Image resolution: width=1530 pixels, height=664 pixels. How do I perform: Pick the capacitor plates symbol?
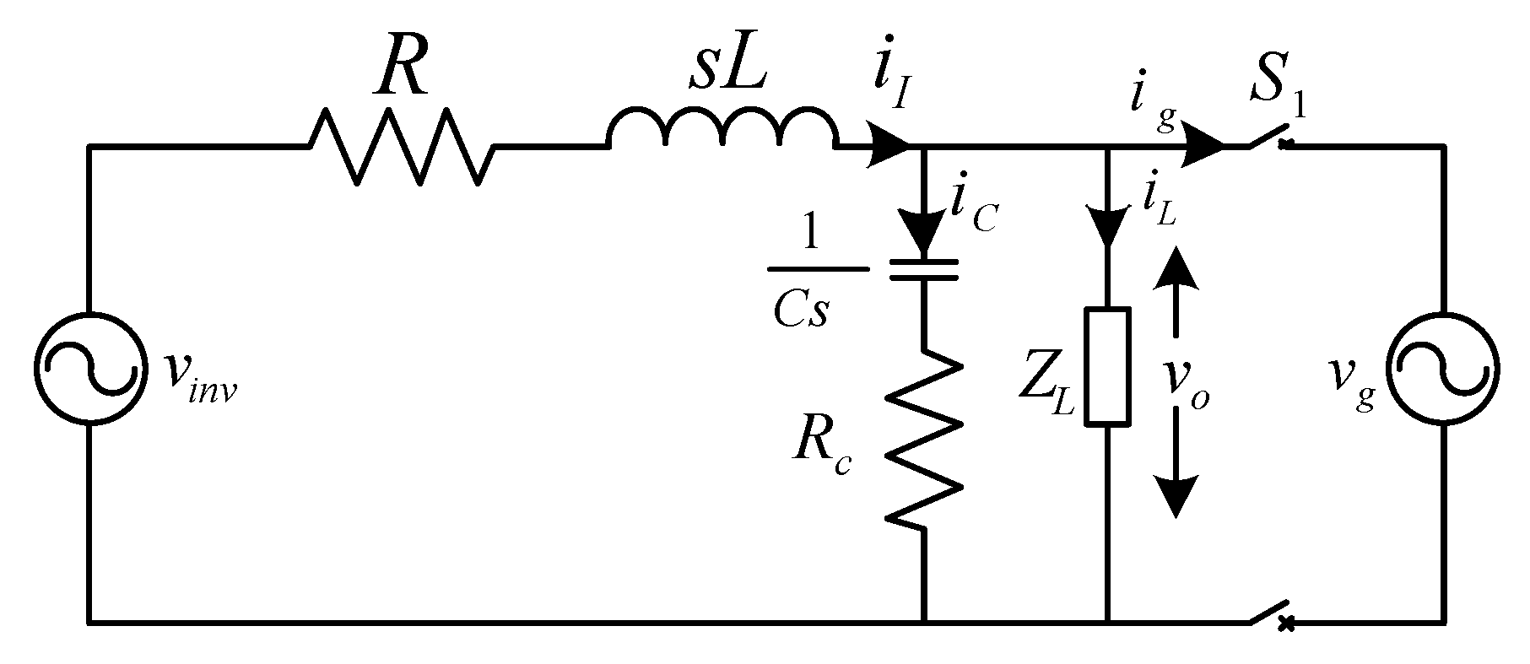tap(924, 269)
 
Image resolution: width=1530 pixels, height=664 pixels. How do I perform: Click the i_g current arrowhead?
tap(1203, 147)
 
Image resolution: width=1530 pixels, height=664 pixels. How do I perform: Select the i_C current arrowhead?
tap(924, 235)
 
